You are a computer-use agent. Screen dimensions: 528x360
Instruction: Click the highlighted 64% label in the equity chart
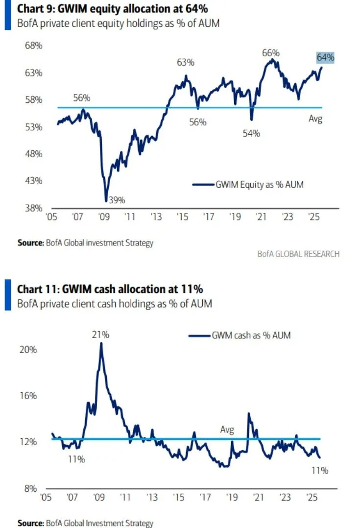click(x=325, y=57)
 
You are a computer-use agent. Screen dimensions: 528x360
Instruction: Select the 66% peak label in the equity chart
click(x=270, y=53)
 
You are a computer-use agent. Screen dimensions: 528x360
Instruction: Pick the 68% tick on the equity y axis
click(x=34, y=46)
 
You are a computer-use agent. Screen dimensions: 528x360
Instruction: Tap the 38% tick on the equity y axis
click(x=34, y=208)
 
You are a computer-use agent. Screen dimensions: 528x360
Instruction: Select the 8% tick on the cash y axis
click(x=30, y=488)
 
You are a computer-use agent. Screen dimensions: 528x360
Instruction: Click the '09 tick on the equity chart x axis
click(x=103, y=216)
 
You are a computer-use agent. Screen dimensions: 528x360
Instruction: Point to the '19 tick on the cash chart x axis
click(x=230, y=497)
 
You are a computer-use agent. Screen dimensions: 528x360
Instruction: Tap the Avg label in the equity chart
click(x=315, y=119)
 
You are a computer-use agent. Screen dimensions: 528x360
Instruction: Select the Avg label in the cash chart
click(x=227, y=430)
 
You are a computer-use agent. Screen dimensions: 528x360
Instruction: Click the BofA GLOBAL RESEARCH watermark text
click(x=298, y=254)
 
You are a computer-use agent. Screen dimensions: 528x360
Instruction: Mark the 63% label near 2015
click(x=186, y=62)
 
